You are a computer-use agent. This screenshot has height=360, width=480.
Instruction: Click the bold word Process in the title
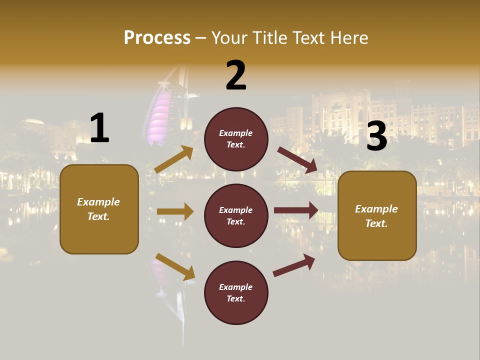click(x=157, y=38)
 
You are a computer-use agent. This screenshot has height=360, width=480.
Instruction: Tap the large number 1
click(x=99, y=128)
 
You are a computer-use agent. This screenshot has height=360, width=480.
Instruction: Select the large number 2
click(x=236, y=75)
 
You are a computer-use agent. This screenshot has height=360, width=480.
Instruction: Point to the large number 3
click(x=376, y=136)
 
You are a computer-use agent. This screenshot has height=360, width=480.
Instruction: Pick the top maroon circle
click(x=236, y=139)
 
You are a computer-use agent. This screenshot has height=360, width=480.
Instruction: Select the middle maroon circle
click(x=236, y=215)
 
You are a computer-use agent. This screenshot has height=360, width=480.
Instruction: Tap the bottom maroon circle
click(x=236, y=292)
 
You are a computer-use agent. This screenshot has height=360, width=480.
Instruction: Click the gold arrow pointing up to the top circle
click(x=174, y=159)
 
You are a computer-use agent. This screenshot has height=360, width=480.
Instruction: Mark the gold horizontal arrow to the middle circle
click(x=175, y=211)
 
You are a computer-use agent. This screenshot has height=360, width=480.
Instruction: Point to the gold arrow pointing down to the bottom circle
click(x=175, y=266)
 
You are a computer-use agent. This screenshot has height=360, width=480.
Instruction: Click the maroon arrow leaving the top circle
click(x=297, y=160)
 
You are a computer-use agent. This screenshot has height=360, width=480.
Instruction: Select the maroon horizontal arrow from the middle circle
click(x=296, y=210)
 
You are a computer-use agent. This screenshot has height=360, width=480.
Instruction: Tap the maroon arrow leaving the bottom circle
click(x=294, y=265)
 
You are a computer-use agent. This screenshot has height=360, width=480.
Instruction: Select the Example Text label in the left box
click(x=98, y=209)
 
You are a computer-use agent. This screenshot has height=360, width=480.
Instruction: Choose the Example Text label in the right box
click(x=376, y=216)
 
